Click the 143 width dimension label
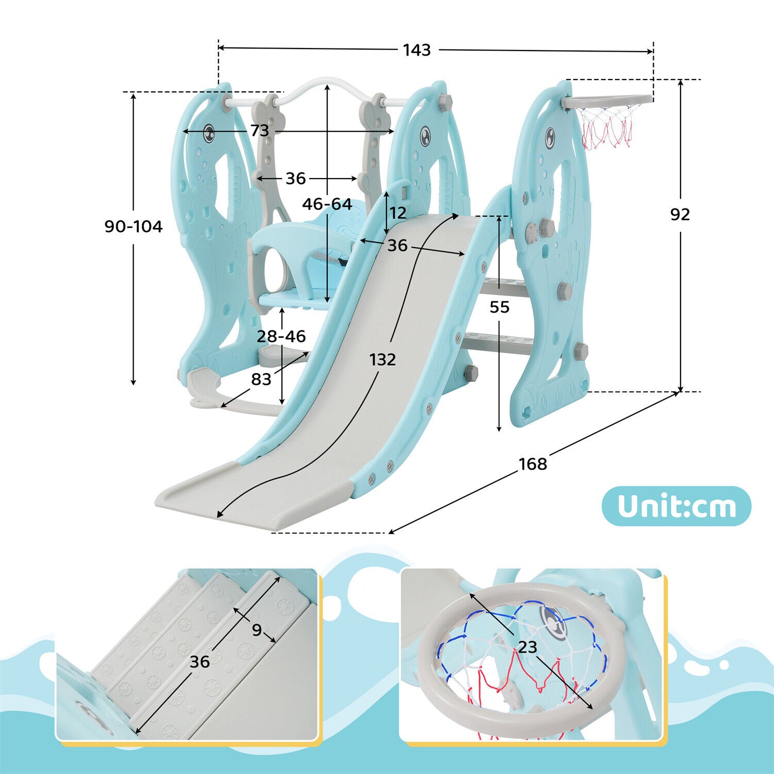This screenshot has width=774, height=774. click(x=416, y=50)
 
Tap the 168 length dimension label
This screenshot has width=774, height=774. click(x=533, y=464)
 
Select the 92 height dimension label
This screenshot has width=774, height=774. click(x=680, y=214)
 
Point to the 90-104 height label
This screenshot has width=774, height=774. click(x=133, y=227)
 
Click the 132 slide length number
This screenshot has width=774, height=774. click(x=382, y=359)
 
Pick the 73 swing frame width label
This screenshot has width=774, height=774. click(x=260, y=131)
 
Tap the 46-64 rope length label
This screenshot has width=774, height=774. click(x=327, y=204)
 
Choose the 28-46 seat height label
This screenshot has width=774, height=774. click(x=281, y=336)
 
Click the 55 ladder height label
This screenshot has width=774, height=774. click(x=499, y=307)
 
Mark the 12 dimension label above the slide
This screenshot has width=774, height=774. click(x=398, y=213)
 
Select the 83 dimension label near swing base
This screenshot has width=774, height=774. click(x=261, y=379)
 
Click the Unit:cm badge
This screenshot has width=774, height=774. click(x=676, y=506)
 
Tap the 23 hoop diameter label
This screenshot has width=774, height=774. click(x=527, y=647)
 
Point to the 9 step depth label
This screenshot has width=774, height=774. click(x=256, y=630)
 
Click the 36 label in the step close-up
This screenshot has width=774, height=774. click(x=199, y=662)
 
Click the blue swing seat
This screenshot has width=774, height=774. click(x=294, y=299)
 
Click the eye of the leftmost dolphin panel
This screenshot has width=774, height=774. click(x=209, y=133)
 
